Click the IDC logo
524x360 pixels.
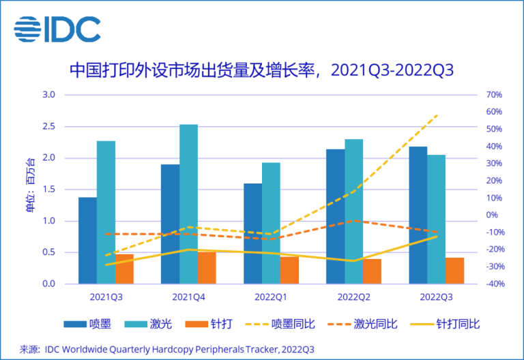coord(57,29)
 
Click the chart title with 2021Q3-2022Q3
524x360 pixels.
coord(262,70)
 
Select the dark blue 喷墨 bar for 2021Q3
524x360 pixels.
coord(87,240)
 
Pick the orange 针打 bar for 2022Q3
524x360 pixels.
coord(454,270)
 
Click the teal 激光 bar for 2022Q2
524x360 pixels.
coord(353,211)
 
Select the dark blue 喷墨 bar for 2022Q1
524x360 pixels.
coord(252,233)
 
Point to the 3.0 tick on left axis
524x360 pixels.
coord(48,95)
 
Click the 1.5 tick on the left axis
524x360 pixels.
coord(48,190)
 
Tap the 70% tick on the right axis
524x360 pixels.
coord(494,95)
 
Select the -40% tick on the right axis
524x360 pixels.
coord(494,284)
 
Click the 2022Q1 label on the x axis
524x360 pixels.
coord(271,297)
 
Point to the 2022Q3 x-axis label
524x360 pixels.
coord(436,297)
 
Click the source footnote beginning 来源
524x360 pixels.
coord(167,348)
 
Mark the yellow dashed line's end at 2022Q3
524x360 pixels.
coord(437,115)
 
